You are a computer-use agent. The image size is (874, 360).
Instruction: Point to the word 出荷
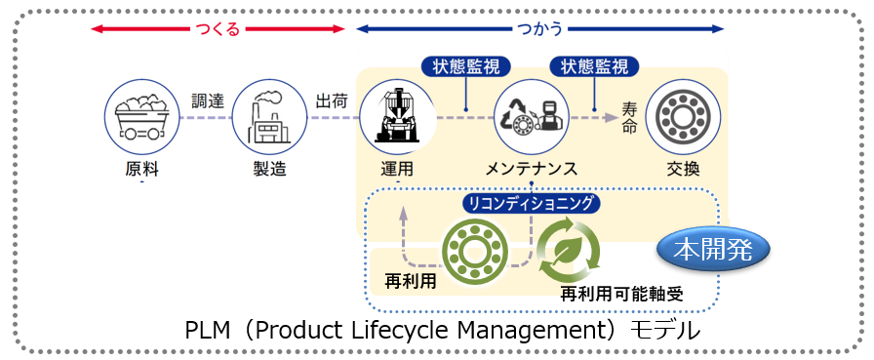pyautogui.click(x=330, y=100)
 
